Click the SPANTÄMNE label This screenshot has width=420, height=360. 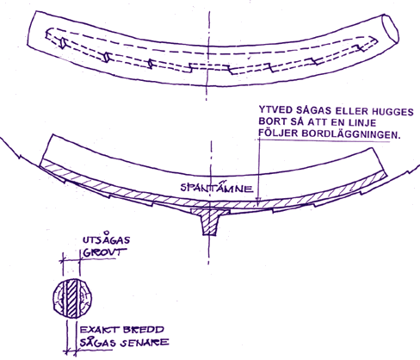(217, 188)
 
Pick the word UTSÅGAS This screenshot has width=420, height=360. (106, 239)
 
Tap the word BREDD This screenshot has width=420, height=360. (143, 330)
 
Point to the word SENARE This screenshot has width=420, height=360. (145, 343)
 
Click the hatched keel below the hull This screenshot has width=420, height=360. (210, 220)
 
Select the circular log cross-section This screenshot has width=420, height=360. (72, 298)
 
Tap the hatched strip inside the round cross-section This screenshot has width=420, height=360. (71, 298)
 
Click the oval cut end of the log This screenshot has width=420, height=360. (391, 28)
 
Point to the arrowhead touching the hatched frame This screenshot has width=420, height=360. (258, 202)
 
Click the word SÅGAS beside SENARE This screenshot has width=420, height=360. (97, 342)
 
